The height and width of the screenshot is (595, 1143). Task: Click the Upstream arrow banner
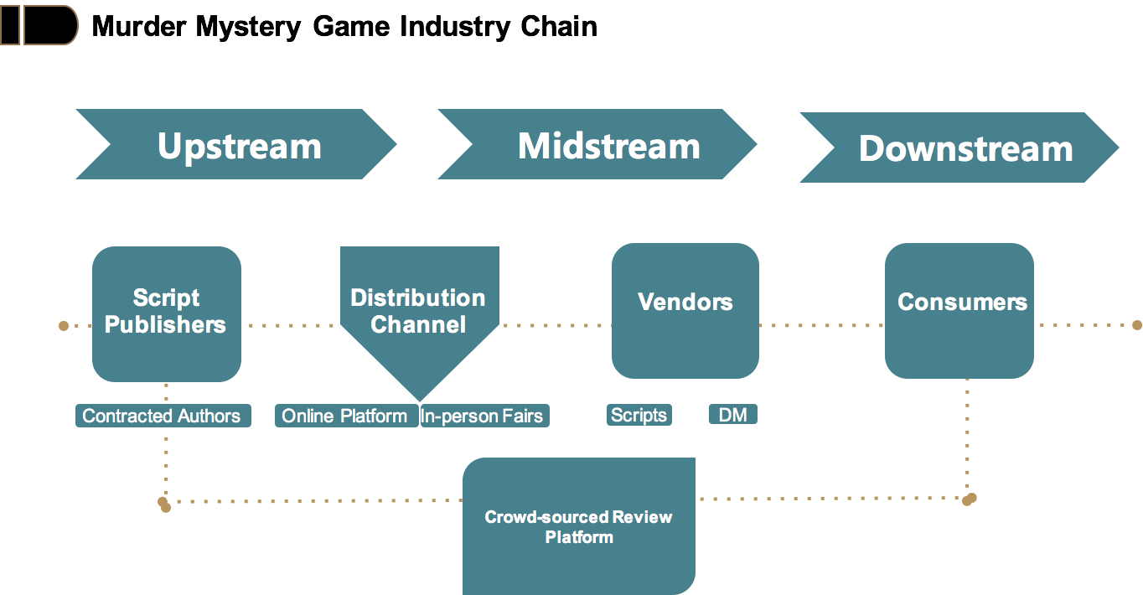[239, 145]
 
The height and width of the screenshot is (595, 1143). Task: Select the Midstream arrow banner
[608, 145]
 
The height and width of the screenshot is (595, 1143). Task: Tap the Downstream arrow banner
[965, 148]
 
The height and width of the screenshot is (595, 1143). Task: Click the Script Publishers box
[166, 313]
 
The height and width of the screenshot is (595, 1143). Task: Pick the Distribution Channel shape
[419, 311]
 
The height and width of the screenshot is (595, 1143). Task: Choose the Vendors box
[685, 311]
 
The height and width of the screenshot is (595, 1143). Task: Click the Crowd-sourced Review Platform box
[578, 526]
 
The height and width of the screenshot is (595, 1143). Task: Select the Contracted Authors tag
[162, 416]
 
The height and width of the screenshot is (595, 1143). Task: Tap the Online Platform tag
[345, 416]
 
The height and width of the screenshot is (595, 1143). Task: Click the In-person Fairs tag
[483, 416]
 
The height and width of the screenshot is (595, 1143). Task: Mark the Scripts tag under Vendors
[639, 415]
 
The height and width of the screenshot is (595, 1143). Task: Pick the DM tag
[733, 415]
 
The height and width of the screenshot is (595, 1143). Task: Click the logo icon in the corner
[39, 24]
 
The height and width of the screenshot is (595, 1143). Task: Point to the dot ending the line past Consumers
[1137, 325]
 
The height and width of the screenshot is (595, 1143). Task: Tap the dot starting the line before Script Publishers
[64, 325]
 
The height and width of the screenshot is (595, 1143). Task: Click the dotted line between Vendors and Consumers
[821, 325]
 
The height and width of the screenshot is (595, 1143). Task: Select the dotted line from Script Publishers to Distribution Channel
[290, 325]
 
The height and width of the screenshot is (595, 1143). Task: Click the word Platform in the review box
[579, 537]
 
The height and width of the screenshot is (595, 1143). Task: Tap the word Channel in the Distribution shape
[418, 324]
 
